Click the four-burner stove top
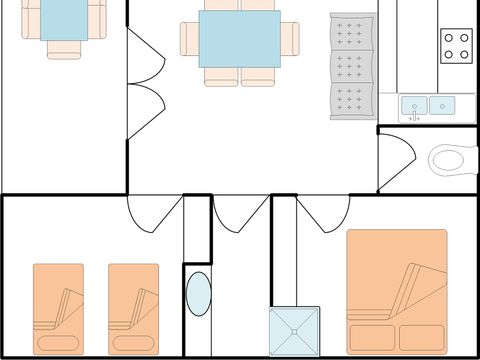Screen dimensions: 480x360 [456, 43]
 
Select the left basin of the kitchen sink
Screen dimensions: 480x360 [414, 104]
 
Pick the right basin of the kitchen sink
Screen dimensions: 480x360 [442, 104]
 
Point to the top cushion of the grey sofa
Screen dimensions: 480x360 [351, 34]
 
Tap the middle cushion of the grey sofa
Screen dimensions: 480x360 [351, 67]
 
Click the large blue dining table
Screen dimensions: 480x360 [239, 39]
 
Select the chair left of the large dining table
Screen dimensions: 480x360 [189, 39]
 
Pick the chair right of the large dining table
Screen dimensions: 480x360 [290, 39]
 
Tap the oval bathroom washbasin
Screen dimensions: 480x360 [198, 295]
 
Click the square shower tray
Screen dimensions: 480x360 [294, 331]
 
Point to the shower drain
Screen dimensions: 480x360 [294, 331]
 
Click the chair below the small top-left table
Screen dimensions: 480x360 [63, 48]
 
